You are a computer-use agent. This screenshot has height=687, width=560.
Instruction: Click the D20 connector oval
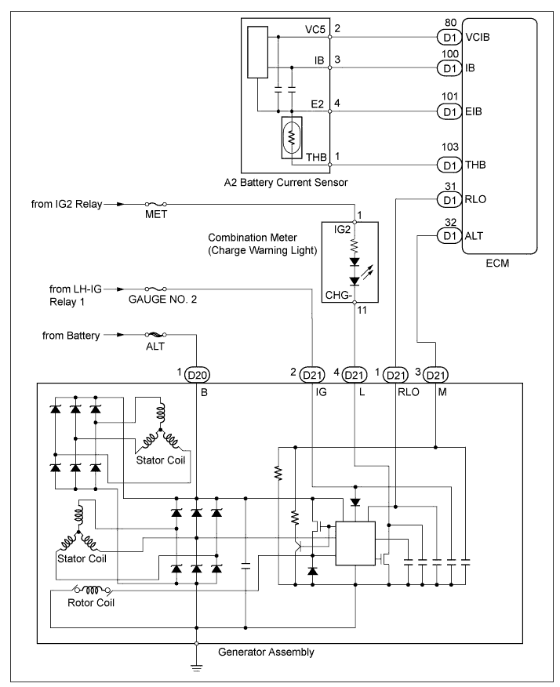[197, 375]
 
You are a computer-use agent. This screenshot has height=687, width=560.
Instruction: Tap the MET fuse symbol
[156, 204]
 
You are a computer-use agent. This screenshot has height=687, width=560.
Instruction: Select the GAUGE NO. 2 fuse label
[162, 300]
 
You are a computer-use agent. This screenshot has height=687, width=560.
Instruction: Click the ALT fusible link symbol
[156, 335]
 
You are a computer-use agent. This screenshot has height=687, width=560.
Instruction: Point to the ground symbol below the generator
[196, 668]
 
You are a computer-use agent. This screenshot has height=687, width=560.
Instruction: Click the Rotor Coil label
[91, 603]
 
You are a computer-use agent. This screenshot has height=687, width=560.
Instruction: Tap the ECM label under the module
[497, 264]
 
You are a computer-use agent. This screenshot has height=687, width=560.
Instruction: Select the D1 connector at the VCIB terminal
[449, 37]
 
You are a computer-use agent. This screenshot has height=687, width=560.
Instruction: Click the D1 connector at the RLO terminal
[449, 200]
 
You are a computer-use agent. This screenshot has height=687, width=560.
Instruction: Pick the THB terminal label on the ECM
[475, 165]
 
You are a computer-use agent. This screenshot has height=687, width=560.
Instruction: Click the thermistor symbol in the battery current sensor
[292, 137]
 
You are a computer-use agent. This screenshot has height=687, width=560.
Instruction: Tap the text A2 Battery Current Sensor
[285, 183]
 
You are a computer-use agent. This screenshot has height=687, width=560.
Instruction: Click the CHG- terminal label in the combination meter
[339, 296]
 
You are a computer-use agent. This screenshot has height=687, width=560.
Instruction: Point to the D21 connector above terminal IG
[312, 375]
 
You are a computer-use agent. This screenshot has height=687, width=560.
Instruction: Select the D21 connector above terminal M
[436, 375]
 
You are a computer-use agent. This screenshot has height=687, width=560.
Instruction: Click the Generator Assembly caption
[266, 652]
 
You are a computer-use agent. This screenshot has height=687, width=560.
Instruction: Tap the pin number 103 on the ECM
[450, 147]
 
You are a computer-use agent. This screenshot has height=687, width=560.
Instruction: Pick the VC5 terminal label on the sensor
[315, 29]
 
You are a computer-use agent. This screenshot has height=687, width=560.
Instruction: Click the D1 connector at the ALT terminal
[449, 236]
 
